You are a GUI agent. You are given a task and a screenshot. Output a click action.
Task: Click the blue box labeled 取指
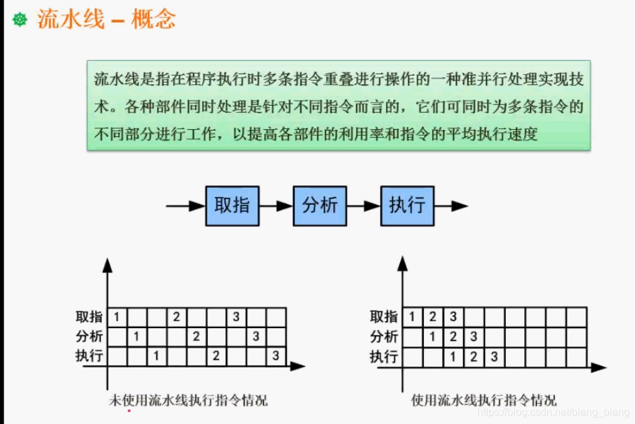pyautogui.click(x=232, y=206)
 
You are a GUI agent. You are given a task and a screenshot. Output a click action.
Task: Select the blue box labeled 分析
pyautogui.click(x=319, y=206)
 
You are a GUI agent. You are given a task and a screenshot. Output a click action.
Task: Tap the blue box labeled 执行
pyautogui.click(x=407, y=206)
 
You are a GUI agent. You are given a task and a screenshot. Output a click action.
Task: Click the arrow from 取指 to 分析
pyautogui.click(x=276, y=206)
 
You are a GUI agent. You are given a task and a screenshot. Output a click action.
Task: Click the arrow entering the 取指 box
pyautogui.click(x=186, y=206)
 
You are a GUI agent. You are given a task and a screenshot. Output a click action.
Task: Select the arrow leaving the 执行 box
pyautogui.click(x=451, y=206)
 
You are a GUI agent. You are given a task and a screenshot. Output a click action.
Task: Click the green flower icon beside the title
pyautogui.click(x=20, y=20)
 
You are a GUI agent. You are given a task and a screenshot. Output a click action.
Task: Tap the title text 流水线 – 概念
pyautogui.click(x=106, y=20)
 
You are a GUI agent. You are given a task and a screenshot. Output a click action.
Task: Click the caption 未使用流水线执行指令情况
pyautogui.click(x=188, y=400)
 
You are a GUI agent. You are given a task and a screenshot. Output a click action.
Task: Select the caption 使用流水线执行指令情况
pyautogui.click(x=484, y=400)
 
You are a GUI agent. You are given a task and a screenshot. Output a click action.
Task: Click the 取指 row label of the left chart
pyautogui.click(x=89, y=317)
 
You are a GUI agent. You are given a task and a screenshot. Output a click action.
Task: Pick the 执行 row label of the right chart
pyautogui.click(x=384, y=357)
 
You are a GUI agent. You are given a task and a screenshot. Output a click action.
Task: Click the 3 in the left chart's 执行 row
pyautogui.click(x=276, y=356)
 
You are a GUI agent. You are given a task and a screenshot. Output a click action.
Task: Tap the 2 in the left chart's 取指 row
pyautogui.click(x=176, y=318)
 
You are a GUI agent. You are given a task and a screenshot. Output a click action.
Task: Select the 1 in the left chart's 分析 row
pyautogui.click(x=136, y=337)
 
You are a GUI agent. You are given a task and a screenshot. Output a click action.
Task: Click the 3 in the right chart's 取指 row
pyautogui.click(x=453, y=318)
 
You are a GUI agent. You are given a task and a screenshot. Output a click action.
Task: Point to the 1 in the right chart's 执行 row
pyautogui.click(x=453, y=357)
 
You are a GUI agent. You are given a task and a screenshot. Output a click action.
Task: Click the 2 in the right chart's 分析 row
pyautogui.click(x=453, y=337)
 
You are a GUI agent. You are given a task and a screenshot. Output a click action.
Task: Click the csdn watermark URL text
pyautogui.click(x=554, y=412)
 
